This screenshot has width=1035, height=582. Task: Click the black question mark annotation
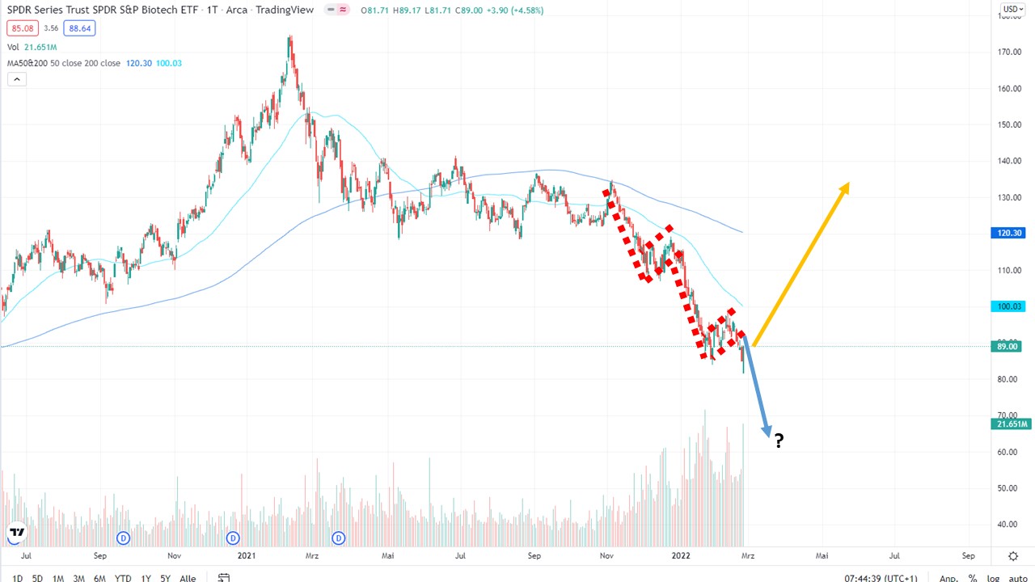click(x=779, y=441)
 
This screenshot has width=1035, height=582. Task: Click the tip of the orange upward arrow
click(x=847, y=184)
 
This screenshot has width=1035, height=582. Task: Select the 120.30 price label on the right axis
click(x=1011, y=233)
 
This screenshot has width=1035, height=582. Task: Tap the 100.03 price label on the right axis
click(x=1011, y=306)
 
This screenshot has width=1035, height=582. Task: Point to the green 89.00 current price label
click(x=1011, y=347)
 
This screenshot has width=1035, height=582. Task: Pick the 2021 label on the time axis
click(x=247, y=556)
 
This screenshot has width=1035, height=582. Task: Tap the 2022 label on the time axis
click(x=680, y=556)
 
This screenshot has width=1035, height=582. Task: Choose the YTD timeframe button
click(x=123, y=578)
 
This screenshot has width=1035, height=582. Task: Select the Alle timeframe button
click(x=188, y=578)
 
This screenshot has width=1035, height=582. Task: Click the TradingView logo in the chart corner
click(x=16, y=533)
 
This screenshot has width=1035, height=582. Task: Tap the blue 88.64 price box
click(x=79, y=28)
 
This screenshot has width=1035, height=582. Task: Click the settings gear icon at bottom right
click(x=1013, y=556)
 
